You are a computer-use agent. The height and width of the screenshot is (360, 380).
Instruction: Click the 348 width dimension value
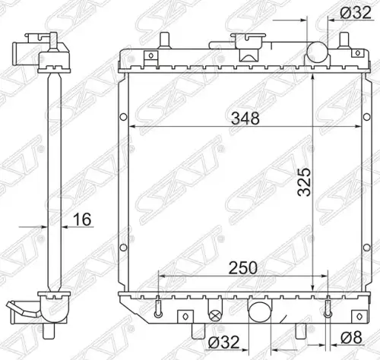(x=245, y=118)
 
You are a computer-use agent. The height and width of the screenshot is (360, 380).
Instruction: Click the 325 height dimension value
(x=304, y=182)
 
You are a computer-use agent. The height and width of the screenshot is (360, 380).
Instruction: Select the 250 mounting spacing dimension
(x=242, y=268)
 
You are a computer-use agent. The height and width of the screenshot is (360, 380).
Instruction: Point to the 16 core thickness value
(x=82, y=219)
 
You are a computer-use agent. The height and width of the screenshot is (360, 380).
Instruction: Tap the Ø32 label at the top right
(x=356, y=13)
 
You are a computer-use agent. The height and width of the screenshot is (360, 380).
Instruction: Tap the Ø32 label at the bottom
(x=223, y=343)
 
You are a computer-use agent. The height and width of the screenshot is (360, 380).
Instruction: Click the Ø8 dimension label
(x=351, y=337)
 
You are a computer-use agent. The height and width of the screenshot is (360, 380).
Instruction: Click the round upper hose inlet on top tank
(x=317, y=52)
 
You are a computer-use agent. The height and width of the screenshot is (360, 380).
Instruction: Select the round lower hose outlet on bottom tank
(x=260, y=311)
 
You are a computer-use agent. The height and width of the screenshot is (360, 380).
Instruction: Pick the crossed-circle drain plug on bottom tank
(x=215, y=315)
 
